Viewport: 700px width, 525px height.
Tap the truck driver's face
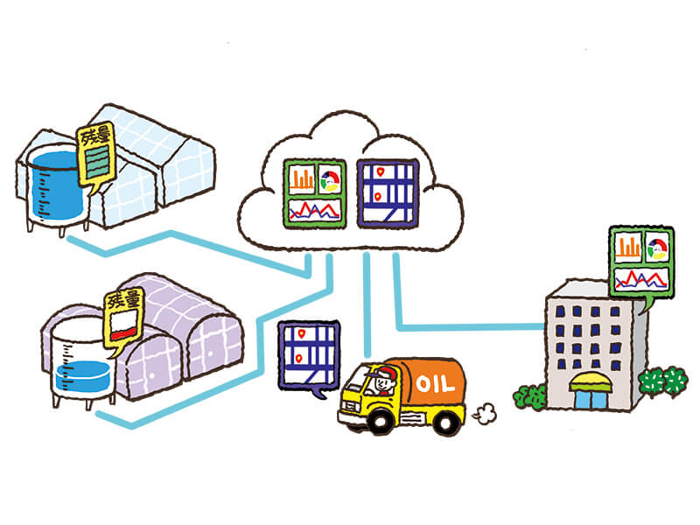[x=380, y=382]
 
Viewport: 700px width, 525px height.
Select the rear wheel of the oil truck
[x=446, y=423]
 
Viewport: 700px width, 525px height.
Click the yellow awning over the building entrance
[x=588, y=381]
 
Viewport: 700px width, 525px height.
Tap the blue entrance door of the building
[x=588, y=398]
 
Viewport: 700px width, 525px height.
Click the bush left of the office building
[x=530, y=396]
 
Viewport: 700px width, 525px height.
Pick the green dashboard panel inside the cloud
[x=316, y=192]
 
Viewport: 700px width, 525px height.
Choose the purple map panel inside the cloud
[x=388, y=192]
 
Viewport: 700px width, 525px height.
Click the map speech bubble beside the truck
[x=306, y=354]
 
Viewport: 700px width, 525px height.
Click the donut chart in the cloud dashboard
[x=332, y=180]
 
